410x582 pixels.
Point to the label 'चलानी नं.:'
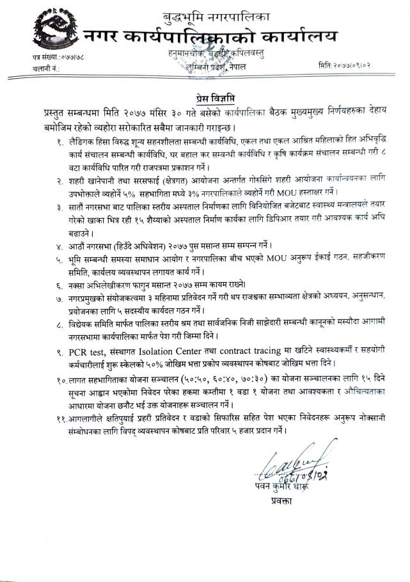click(x=45, y=68)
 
